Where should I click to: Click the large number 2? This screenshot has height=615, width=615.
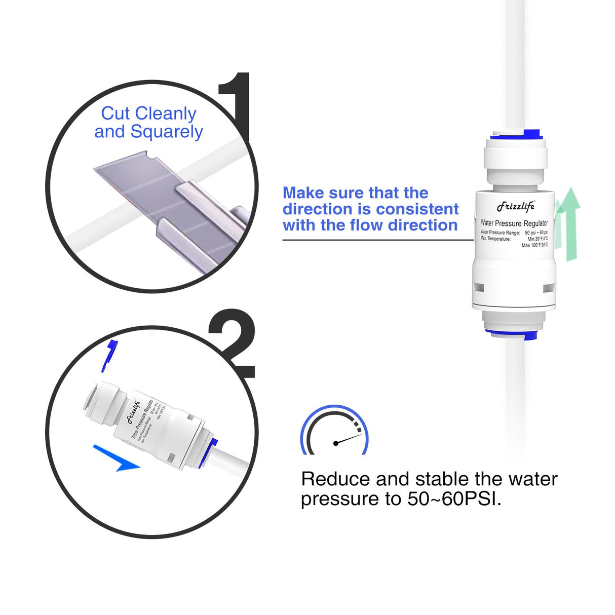coord(233,344)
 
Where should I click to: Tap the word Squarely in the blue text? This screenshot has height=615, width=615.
coord(167,132)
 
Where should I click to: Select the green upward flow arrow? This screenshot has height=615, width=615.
coord(571,223)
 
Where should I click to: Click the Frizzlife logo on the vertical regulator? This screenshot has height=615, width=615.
coord(515,206)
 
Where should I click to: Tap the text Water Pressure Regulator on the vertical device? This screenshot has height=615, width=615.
coord(514,223)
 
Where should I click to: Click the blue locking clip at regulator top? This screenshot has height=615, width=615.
coord(530,134)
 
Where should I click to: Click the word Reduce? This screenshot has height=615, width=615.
coord(330,479)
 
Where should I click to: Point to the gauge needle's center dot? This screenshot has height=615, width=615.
coord(335,443)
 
